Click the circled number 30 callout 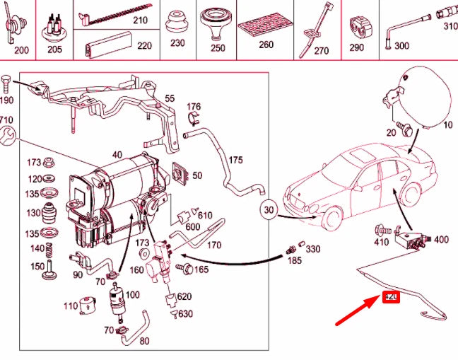(269, 210)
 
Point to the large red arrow (357, 309)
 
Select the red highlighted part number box (391, 298)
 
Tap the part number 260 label (266, 45)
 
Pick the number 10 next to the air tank (447, 125)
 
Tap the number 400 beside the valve (440, 240)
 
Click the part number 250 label (218, 48)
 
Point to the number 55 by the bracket (170, 98)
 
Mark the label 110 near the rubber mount (70, 306)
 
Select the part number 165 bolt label (201, 269)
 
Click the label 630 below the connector (185, 313)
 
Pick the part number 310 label (450, 26)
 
